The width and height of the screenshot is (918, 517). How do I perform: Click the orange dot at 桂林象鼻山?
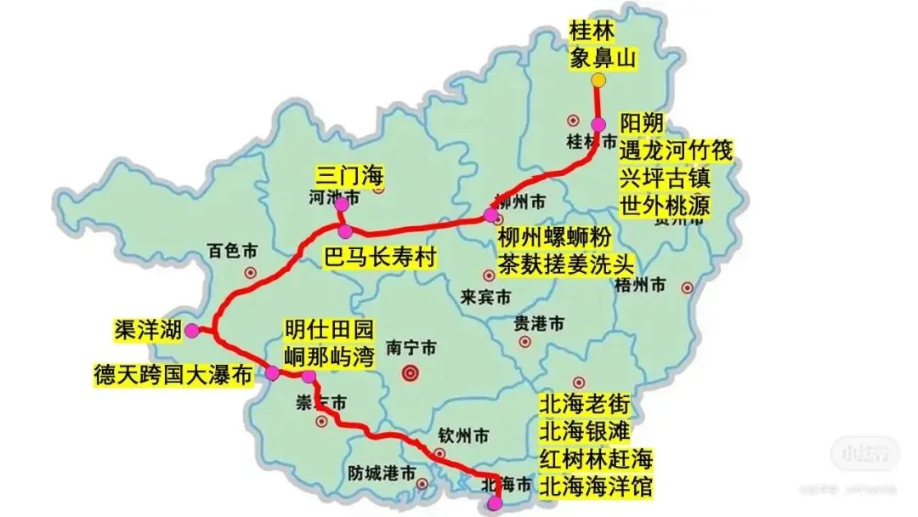click(598, 80)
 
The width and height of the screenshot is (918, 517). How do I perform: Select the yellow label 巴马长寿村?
click(379, 257)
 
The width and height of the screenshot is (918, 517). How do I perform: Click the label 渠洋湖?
click(148, 331)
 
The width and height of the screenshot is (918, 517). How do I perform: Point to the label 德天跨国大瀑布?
click(173, 374)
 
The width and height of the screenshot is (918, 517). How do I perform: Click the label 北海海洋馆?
click(597, 486)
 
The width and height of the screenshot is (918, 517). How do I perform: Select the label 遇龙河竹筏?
click(676, 151)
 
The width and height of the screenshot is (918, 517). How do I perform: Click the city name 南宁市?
click(411, 348)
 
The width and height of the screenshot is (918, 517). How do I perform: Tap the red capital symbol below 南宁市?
click(411, 372)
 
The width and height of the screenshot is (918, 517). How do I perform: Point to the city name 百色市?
click(233, 251)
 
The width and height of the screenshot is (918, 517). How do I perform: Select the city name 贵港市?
click(539, 324)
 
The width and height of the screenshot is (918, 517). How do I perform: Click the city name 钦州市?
click(463, 436)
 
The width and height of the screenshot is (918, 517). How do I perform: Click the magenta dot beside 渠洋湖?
click(192, 330)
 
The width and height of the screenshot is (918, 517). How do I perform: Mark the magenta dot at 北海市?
click(496, 505)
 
